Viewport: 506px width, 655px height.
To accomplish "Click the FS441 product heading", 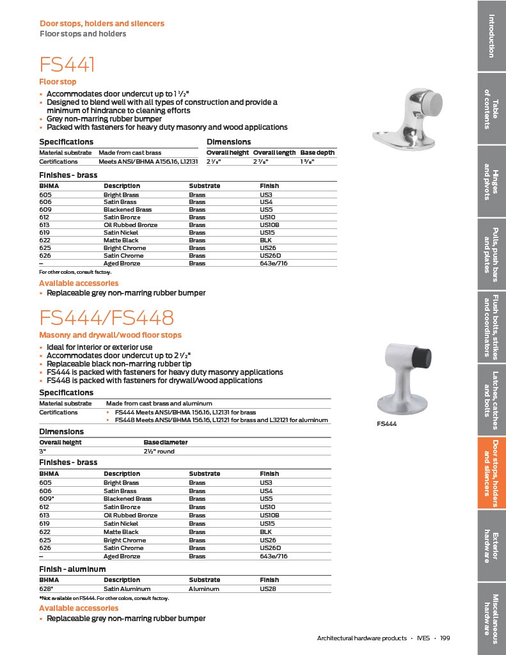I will coord(68,65).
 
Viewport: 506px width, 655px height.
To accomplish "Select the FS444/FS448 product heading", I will coord(107,318).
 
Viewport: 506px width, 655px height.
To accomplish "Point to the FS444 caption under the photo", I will coord(386,423).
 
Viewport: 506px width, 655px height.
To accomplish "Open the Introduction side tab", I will coord(491,35).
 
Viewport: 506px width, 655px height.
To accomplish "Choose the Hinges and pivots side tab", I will coord(491,182).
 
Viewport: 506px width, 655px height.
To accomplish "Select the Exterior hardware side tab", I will coord(491,547).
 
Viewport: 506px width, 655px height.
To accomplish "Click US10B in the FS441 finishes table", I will coord(268,225).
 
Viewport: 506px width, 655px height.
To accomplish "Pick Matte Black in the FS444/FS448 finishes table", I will coord(121,532).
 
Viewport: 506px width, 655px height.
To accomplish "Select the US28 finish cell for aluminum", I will coord(267,588).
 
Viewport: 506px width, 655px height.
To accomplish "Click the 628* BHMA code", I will coord(45,588).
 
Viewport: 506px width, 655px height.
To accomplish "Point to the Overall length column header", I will coord(274,153).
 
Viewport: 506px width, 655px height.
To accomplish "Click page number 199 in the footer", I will coord(445,638).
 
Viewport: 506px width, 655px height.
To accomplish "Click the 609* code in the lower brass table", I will coord(46,499).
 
